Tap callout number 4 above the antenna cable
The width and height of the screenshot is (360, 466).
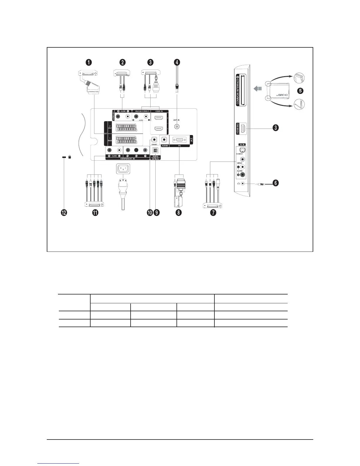tap(176, 62)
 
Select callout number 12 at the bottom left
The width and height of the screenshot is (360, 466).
tap(64, 212)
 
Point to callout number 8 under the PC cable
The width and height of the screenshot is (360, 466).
tap(178, 212)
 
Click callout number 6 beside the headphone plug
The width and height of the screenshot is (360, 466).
tap(276, 183)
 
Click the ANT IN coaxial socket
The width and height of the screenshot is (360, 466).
tap(177, 127)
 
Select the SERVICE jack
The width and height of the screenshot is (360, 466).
tap(154, 140)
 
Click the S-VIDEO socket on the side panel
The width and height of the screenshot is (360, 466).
tap(242, 149)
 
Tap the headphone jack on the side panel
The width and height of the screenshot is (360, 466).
tap(242, 183)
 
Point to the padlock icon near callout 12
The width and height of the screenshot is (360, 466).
tap(70, 157)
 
